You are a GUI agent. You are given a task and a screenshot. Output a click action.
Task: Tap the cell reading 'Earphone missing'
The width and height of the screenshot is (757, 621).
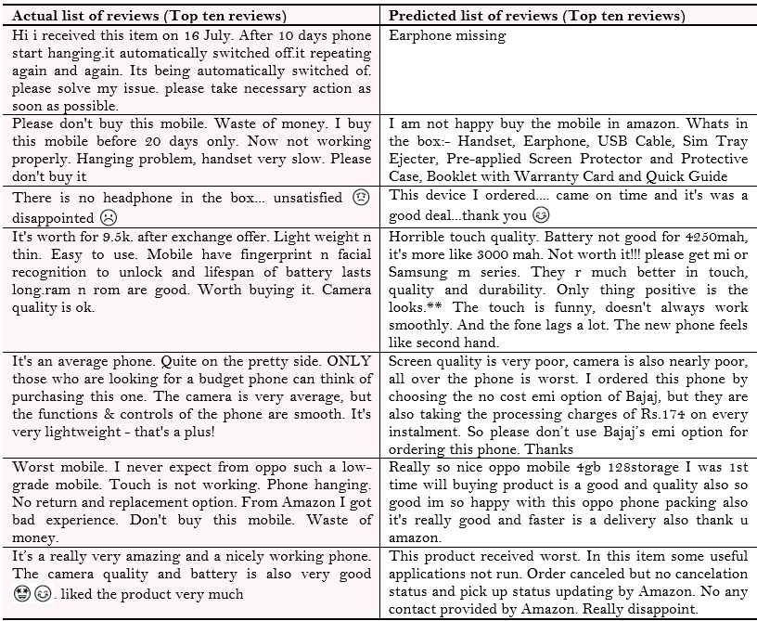point(447,36)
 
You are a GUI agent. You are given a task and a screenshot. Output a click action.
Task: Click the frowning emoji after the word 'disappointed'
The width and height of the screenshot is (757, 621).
point(109,217)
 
